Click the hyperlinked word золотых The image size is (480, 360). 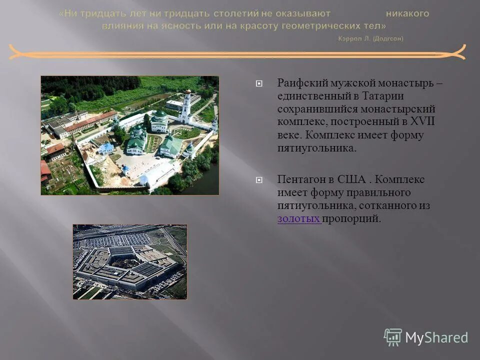point(299,218)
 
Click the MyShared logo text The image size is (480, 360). point(436,338)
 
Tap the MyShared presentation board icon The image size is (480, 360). point(393,337)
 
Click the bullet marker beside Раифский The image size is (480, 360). point(258,83)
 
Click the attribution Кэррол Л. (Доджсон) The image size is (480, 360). point(370,38)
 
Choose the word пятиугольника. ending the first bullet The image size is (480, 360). point(317,148)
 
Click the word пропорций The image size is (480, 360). point(351,218)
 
